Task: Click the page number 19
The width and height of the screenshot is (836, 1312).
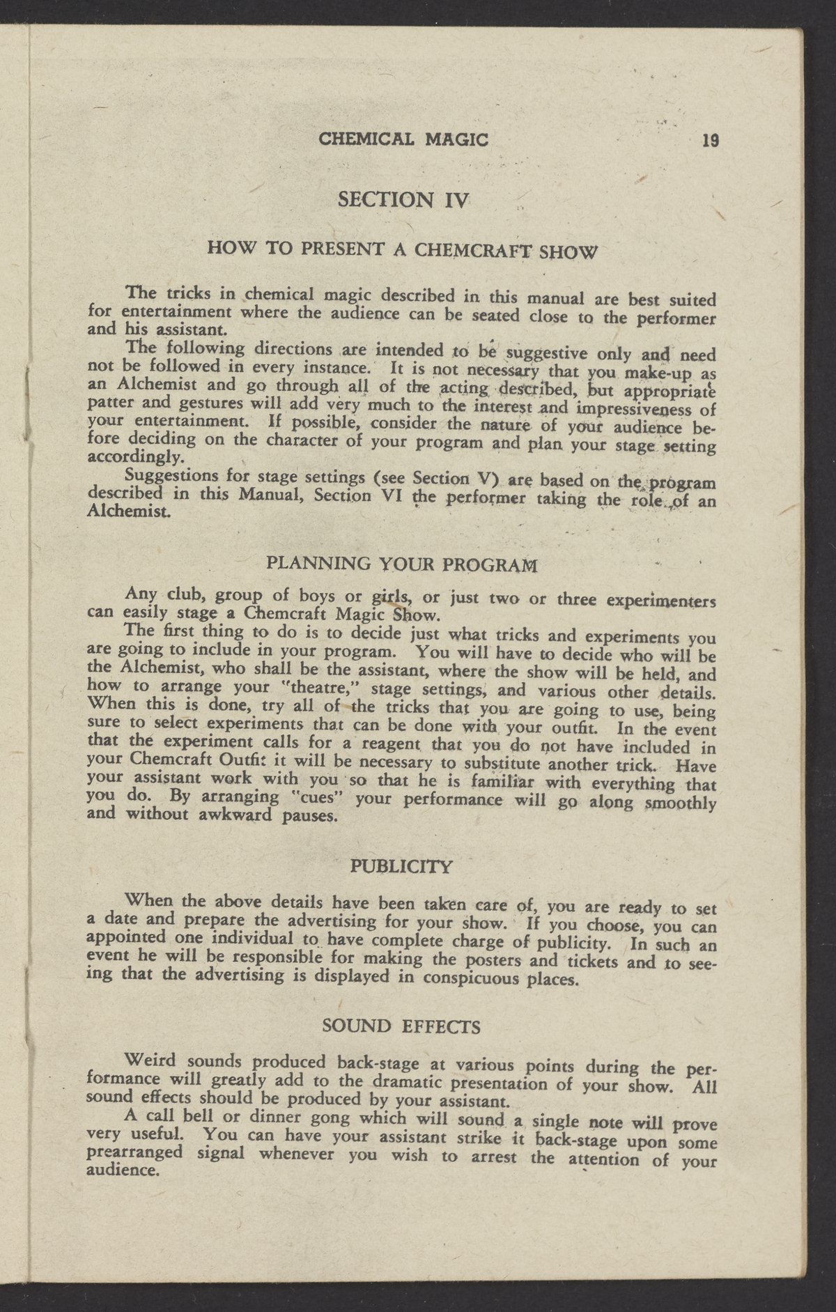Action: pos(710,140)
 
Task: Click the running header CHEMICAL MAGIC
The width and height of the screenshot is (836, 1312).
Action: pos(403,139)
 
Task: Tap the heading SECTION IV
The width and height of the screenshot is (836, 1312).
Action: pos(405,200)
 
